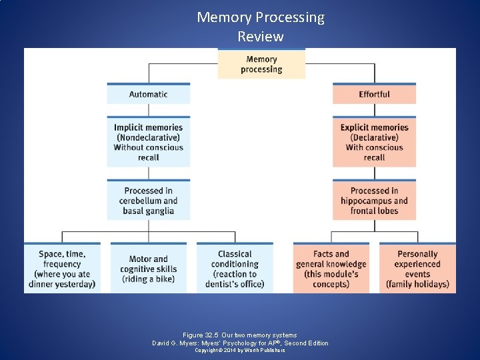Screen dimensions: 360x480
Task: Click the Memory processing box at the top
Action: point(261,64)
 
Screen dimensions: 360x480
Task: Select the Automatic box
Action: point(148,94)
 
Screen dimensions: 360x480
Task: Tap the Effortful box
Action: point(374,94)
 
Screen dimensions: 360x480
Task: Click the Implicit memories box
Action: point(148,142)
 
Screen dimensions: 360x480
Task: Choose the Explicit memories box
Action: point(374,142)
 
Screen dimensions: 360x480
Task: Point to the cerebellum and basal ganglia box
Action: point(148,201)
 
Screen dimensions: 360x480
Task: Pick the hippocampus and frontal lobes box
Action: point(374,201)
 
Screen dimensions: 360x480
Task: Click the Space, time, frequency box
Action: point(62,269)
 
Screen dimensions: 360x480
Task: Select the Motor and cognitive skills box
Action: point(148,269)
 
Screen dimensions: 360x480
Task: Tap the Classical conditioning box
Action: point(235,269)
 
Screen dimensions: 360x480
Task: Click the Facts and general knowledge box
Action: point(331,269)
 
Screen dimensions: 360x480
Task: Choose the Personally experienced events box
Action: point(417,269)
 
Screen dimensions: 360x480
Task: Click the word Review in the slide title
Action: point(261,37)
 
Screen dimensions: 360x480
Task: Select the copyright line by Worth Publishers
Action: point(240,350)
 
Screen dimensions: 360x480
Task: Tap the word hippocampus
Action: point(367,201)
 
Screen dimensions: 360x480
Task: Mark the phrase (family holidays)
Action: point(417,284)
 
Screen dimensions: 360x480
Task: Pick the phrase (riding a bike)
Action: point(148,279)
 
